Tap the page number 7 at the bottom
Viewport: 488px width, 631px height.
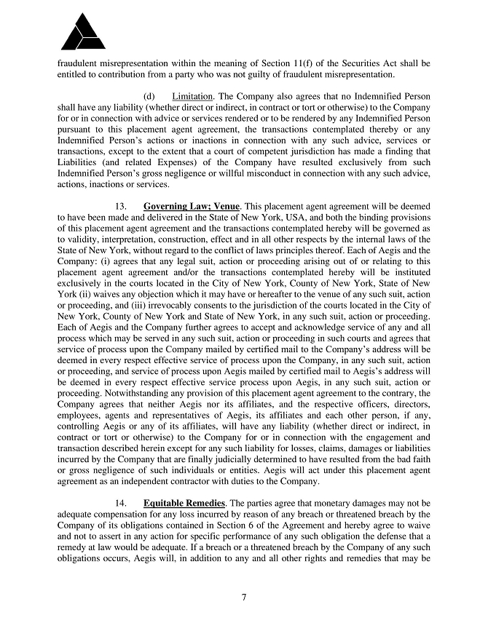244,598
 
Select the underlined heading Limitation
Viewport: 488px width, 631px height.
192,96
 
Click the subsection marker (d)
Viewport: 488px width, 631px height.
149,96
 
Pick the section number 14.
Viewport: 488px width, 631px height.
122,502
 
